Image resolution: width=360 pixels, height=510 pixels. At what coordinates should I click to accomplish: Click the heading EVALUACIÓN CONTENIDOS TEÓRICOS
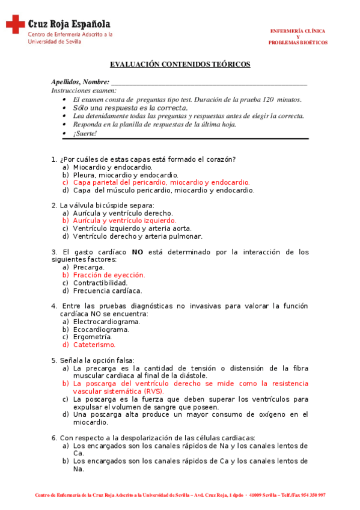tap(180, 64)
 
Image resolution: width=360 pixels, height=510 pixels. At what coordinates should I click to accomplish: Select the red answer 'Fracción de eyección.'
tap(109, 275)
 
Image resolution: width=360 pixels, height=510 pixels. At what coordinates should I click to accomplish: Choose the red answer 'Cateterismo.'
tap(94, 345)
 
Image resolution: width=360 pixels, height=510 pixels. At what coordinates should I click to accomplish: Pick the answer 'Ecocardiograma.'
tap(101, 330)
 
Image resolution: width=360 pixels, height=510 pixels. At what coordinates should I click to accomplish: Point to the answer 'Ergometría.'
tap(93, 337)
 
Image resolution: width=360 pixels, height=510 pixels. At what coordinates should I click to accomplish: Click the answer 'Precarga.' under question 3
tap(89, 267)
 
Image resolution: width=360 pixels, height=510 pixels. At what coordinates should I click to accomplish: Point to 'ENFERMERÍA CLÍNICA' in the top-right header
tap(297, 31)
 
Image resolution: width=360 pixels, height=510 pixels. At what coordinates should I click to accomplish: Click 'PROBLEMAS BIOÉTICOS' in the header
tap(297, 43)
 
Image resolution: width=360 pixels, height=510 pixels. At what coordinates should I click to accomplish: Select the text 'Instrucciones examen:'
tap(84, 90)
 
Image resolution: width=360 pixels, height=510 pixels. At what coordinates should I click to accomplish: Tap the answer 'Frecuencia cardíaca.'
tap(107, 290)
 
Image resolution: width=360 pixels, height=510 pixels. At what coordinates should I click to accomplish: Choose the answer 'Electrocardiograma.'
tap(106, 322)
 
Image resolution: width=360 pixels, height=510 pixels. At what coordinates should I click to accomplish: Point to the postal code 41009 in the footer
tap(257, 495)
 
